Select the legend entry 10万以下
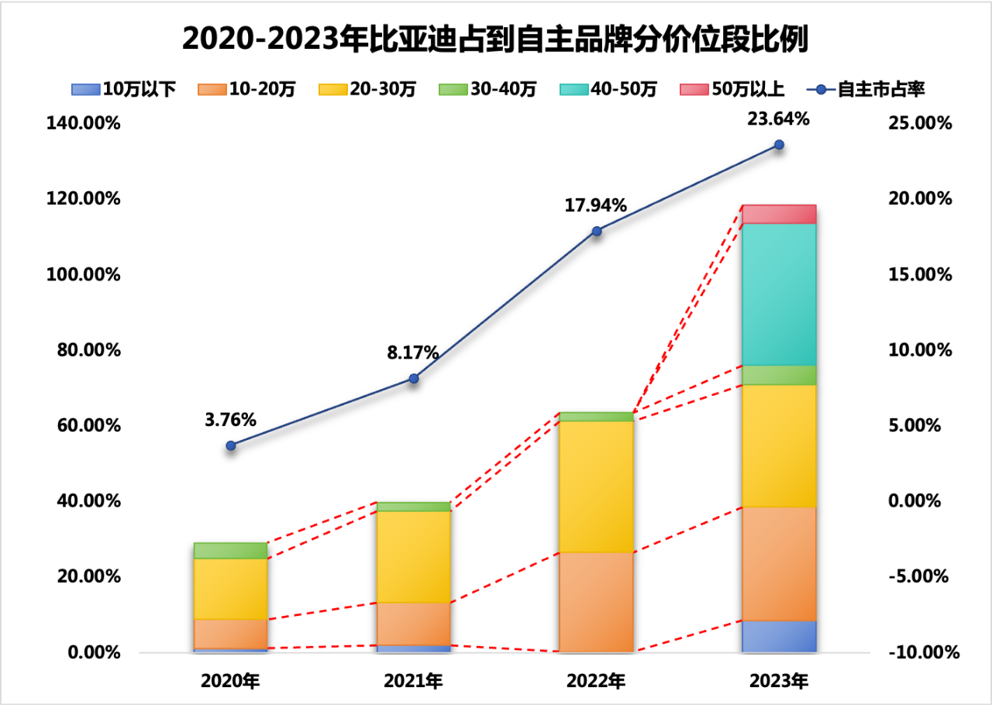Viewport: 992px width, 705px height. click(124, 89)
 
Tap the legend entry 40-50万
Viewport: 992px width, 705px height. click(609, 89)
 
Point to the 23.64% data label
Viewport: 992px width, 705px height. click(779, 119)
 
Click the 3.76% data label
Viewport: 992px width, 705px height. click(230, 420)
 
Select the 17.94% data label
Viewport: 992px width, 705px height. click(596, 206)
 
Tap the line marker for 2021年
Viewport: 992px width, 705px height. click(414, 378)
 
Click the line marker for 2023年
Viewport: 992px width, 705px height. click(779, 145)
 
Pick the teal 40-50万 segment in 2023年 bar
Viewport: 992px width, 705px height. click(779, 294)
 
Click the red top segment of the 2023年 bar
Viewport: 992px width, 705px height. click(779, 214)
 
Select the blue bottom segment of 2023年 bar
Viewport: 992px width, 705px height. click(779, 636)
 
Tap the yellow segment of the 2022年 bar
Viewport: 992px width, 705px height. click(596, 486)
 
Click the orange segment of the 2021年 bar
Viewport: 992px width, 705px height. click(414, 624)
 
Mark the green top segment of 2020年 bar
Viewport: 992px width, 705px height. click(230, 550)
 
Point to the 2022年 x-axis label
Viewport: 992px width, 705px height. click(596, 682)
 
